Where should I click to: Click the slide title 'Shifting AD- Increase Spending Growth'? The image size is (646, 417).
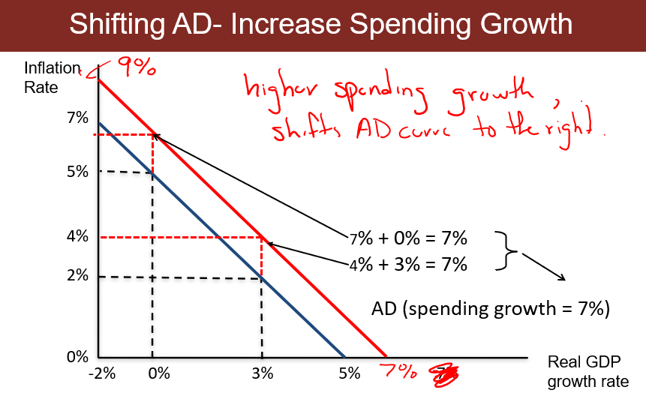(x=321, y=25)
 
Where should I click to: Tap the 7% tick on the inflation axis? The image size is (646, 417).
(x=77, y=118)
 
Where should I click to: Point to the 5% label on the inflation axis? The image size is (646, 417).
(x=77, y=172)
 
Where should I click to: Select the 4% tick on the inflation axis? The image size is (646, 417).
(x=77, y=236)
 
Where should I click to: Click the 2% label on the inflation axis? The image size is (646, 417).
(x=77, y=275)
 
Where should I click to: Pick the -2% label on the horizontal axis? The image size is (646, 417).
(x=101, y=373)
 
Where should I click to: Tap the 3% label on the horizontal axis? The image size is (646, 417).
(x=262, y=373)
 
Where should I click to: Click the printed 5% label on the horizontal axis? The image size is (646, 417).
(x=349, y=373)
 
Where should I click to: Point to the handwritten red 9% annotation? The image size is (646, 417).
(x=135, y=68)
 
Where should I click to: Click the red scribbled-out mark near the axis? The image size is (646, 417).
(x=443, y=373)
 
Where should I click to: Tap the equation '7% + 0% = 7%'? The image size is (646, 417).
(x=408, y=239)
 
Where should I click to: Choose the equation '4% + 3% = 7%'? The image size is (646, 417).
(x=408, y=264)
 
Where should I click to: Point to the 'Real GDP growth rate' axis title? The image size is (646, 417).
(x=587, y=371)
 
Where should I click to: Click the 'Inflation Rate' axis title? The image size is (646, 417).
(x=52, y=77)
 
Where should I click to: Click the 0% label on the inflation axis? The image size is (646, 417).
(x=77, y=357)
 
